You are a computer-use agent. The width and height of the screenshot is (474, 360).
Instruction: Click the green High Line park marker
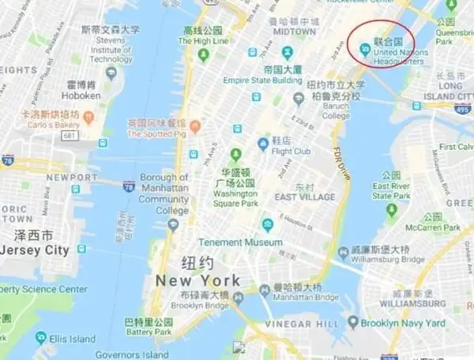pos(203,54)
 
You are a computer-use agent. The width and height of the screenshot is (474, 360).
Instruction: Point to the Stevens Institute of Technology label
pos(111,49)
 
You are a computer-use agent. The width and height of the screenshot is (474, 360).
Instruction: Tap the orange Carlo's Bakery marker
pos(88,118)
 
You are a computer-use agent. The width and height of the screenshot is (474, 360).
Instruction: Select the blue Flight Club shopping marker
pos(263,143)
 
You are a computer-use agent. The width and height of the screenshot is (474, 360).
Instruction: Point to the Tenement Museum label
pos(240,242)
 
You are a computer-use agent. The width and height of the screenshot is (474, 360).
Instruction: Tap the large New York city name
pos(197,280)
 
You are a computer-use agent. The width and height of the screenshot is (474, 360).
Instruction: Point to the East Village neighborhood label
pos(304,196)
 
